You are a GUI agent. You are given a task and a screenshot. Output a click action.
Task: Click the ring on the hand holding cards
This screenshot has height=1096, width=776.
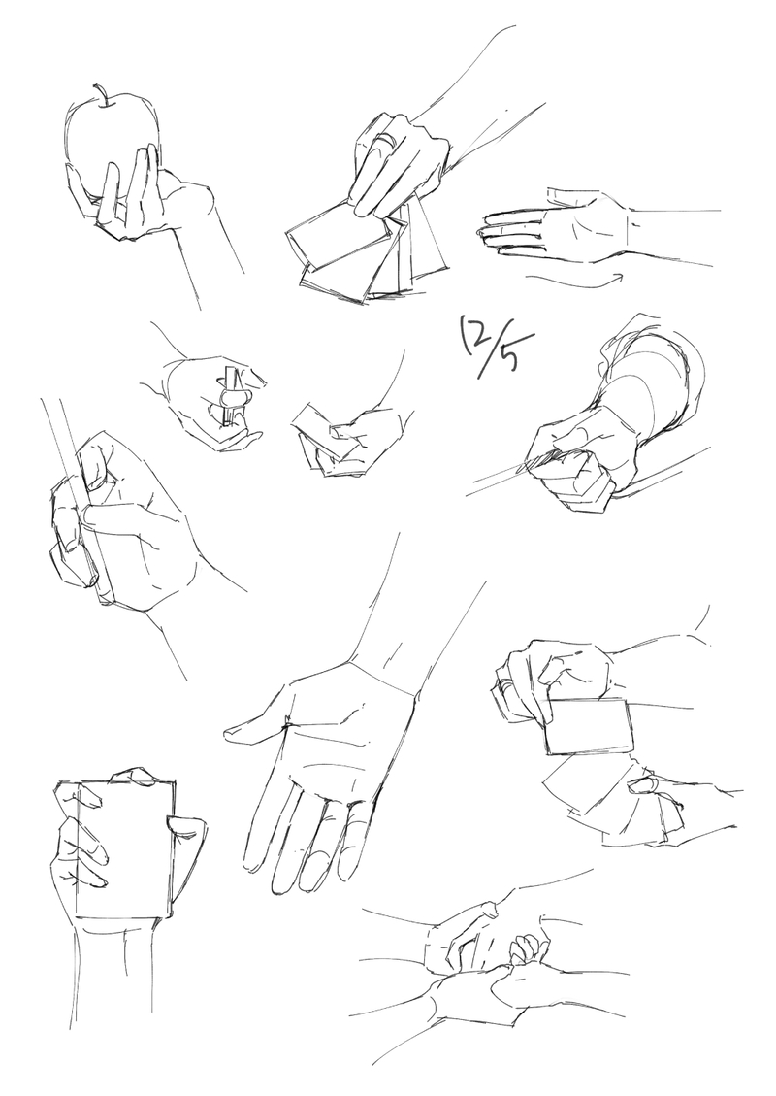(x=382, y=144)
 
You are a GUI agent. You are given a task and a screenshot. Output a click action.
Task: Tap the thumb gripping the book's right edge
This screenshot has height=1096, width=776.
(x=186, y=827)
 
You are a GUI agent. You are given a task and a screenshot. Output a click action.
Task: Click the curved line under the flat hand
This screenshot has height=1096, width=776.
(x=574, y=281)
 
